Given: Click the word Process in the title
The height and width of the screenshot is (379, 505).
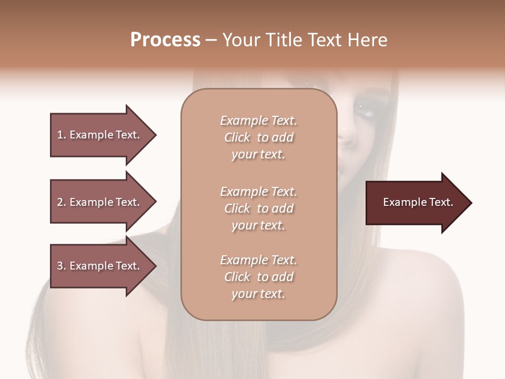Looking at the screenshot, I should click(165, 40).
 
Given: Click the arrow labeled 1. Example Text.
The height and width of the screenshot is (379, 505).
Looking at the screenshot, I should click(100, 135).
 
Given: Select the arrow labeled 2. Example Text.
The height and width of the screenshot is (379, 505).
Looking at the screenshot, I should click(100, 202).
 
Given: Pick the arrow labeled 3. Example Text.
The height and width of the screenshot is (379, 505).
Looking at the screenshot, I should click(100, 266).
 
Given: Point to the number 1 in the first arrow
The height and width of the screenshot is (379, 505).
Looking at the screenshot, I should click(60, 135).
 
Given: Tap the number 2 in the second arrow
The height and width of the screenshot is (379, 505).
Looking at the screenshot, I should click(60, 202).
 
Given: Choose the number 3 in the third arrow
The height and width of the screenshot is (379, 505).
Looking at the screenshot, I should click(60, 266).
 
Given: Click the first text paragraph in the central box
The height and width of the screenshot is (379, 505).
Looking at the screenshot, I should click(258, 137).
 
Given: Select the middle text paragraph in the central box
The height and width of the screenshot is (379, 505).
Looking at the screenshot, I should click(258, 208).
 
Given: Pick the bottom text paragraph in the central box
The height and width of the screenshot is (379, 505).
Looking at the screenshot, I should click(258, 277).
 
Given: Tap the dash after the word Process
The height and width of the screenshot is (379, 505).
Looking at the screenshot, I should click(211, 41).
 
